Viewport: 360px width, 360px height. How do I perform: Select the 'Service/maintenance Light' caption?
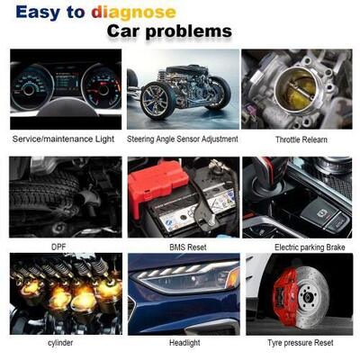(x=61, y=139)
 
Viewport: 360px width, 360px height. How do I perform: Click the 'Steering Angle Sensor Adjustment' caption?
(x=183, y=139)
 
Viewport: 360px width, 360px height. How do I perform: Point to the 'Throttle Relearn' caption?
(x=301, y=140)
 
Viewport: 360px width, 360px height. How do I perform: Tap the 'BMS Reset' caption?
(x=183, y=246)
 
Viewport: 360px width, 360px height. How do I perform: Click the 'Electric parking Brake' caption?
(x=301, y=246)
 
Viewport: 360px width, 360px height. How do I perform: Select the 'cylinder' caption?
(x=61, y=343)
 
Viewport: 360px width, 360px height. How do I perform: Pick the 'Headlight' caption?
(x=184, y=343)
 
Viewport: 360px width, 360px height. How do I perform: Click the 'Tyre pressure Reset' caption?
(x=301, y=343)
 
